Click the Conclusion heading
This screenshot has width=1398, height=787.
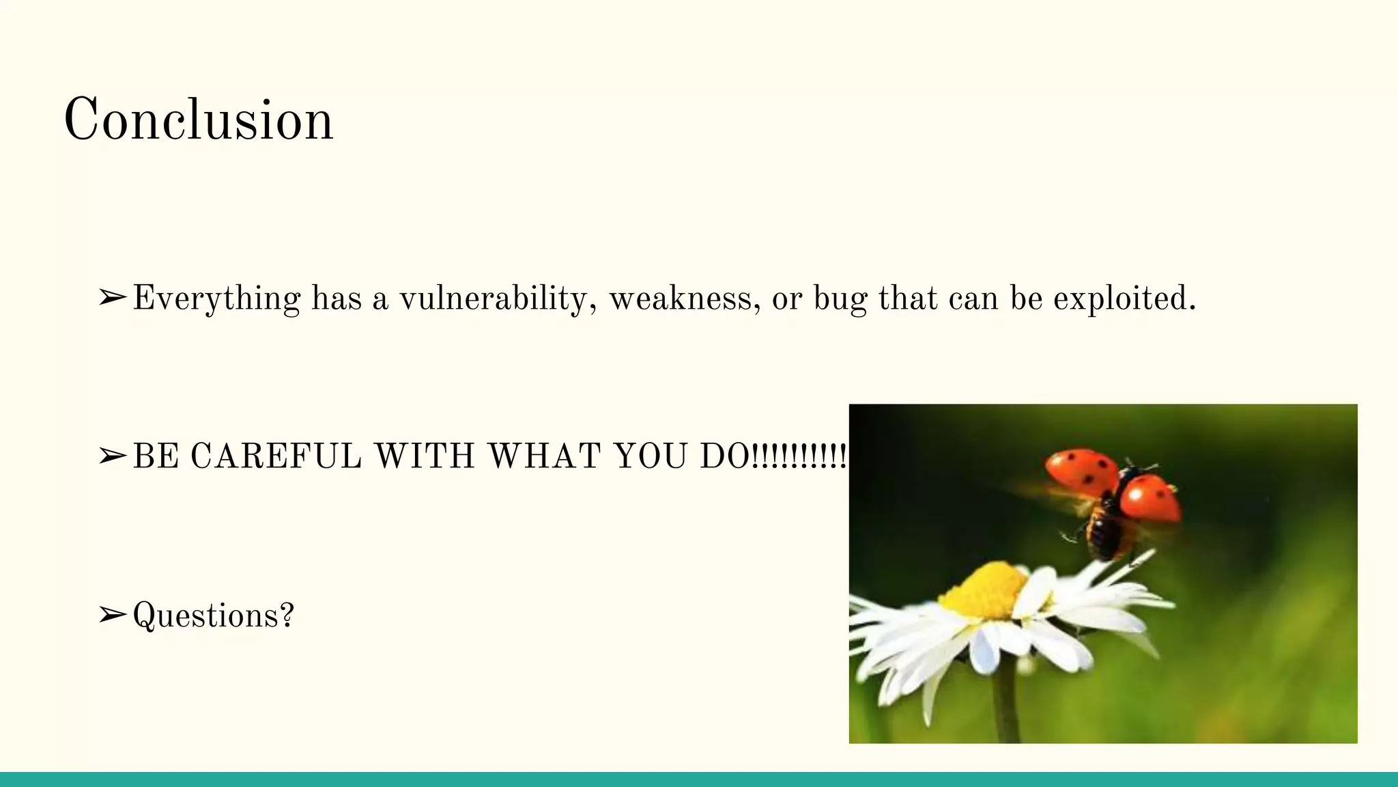198,120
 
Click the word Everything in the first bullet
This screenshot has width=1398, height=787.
216,299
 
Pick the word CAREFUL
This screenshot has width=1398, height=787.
276,456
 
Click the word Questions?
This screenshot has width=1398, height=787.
213,616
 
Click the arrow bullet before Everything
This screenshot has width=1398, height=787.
112,298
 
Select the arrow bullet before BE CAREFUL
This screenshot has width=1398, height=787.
112,456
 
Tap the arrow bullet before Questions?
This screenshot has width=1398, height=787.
112,615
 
